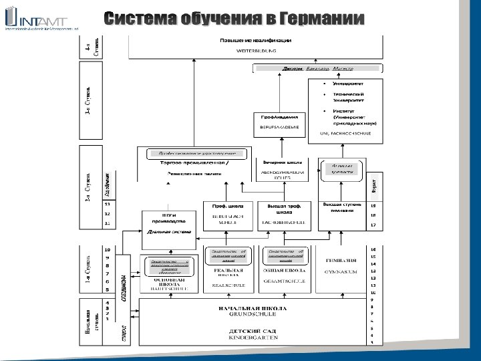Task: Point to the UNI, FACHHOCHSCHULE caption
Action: click(346, 134)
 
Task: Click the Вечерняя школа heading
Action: click(282, 162)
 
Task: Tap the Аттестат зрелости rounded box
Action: click(339, 167)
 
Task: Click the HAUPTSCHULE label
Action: click(164, 289)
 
